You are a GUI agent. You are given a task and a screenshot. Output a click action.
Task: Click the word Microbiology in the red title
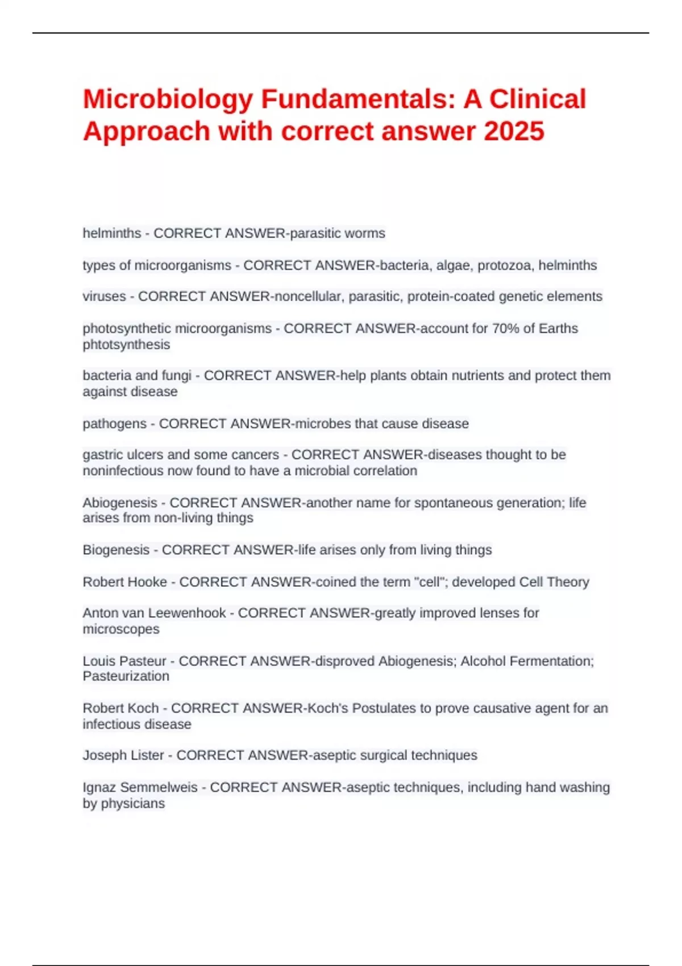(x=168, y=100)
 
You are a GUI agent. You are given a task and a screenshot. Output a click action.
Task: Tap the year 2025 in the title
(x=514, y=131)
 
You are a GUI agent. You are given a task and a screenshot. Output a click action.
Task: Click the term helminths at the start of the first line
(x=112, y=234)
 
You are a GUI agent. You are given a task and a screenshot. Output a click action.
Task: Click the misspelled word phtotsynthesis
(x=126, y=345)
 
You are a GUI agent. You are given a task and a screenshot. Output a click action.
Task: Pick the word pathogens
(x=114, y=424)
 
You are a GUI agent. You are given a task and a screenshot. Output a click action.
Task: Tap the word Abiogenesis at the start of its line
(x=119, y=503)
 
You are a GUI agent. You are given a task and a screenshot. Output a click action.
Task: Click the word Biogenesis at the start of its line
(x=116, y=550)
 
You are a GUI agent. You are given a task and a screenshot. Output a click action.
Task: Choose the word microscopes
(x=121, y=630)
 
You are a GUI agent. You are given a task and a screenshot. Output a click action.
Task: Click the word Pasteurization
(x=126, y=677)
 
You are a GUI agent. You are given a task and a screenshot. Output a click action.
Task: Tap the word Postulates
(x=384, y=709)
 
